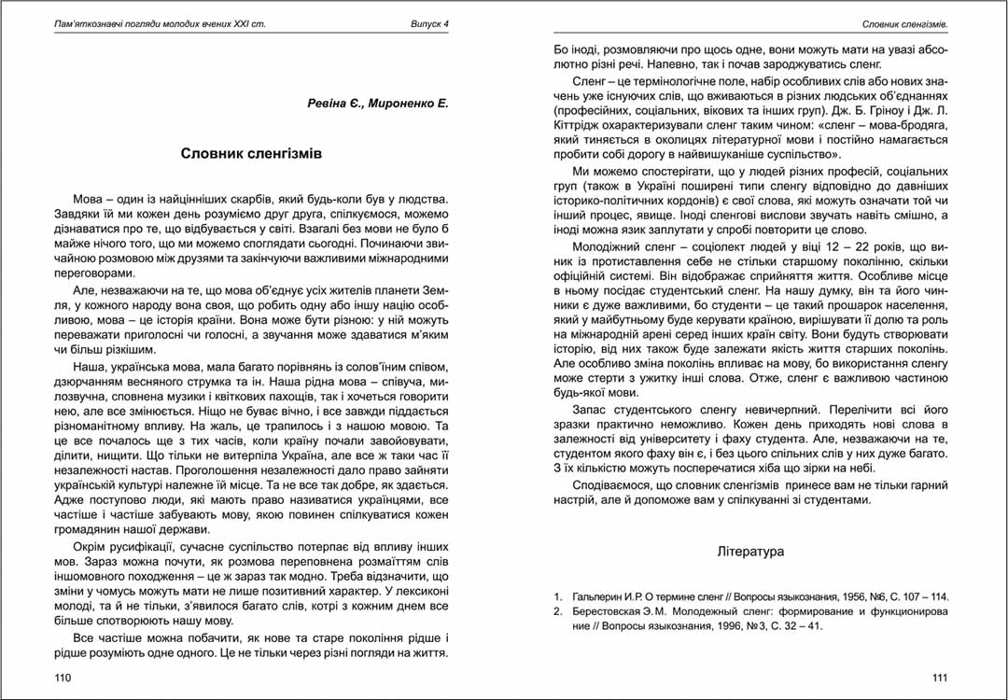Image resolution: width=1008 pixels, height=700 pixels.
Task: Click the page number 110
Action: (x=63, y=677)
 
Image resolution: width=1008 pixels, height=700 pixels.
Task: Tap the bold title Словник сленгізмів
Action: (x=251, y=153)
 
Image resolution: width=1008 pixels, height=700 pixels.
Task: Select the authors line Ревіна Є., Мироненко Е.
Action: (x=378, y=104)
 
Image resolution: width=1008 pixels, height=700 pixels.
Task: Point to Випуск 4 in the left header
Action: (x=429, y=22)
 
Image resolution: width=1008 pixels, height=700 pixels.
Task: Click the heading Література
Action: (x=750, y=552)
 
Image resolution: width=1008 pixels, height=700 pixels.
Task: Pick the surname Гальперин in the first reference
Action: (x=601, y=596)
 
